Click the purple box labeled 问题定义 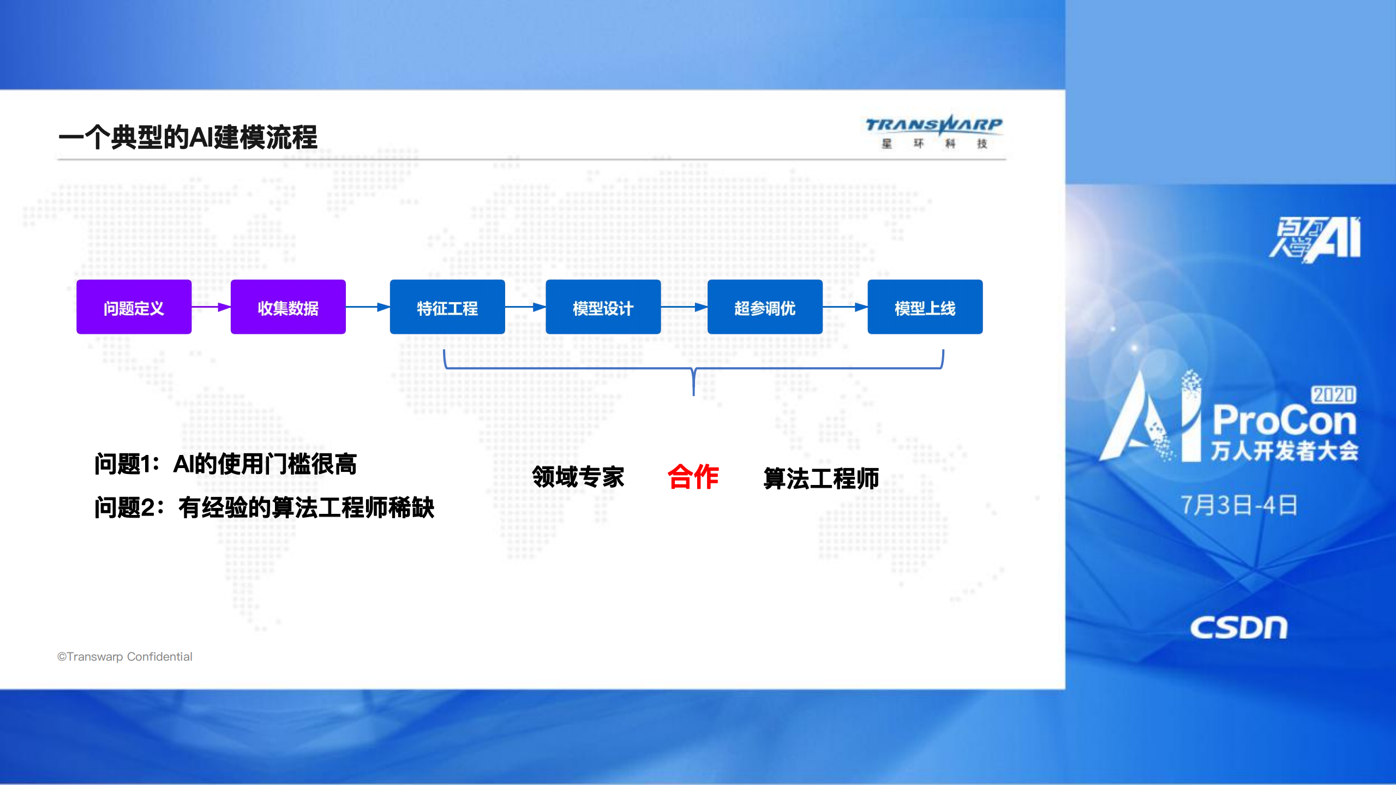pyautogui.click(x=134, y=307)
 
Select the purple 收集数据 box pyautogui.click(x=288, y=307)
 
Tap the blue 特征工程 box pyautogui.click(x=447, y=307)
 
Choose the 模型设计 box pyautogui.click(x=603, y=307)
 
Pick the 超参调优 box pyautogui.click(x=765, y=307)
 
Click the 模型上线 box pyautogui.click(x=925, y=307)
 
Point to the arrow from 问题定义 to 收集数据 pyautogui.click(x=211, y=307)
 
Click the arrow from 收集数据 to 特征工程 pyautogui.click(x=368, y=307)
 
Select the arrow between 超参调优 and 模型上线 pyautogui.click(x=845, y=307)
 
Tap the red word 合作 pyautogui.click(x=693, y=477)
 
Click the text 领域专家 pyautogui.click(x=578, y=477)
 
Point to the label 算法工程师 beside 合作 pyautogui.click(x=821, y=478)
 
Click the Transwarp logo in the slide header pyautogui.click(x=934, y=131)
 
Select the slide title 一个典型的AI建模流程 pyautogui.click(x=188, y=137)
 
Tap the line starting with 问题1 pyautogui.click(x=225, y=464)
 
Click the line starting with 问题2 pyautogui.click(x=264, y=508)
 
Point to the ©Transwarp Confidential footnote pyautogui.click(x=125, y=657)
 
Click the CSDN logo pyautogui.click(x=1238, y=627)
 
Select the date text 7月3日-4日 pyautogui.click(x=1239, y=505)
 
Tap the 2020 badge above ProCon pyautogui.click(x=1333, y=395)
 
